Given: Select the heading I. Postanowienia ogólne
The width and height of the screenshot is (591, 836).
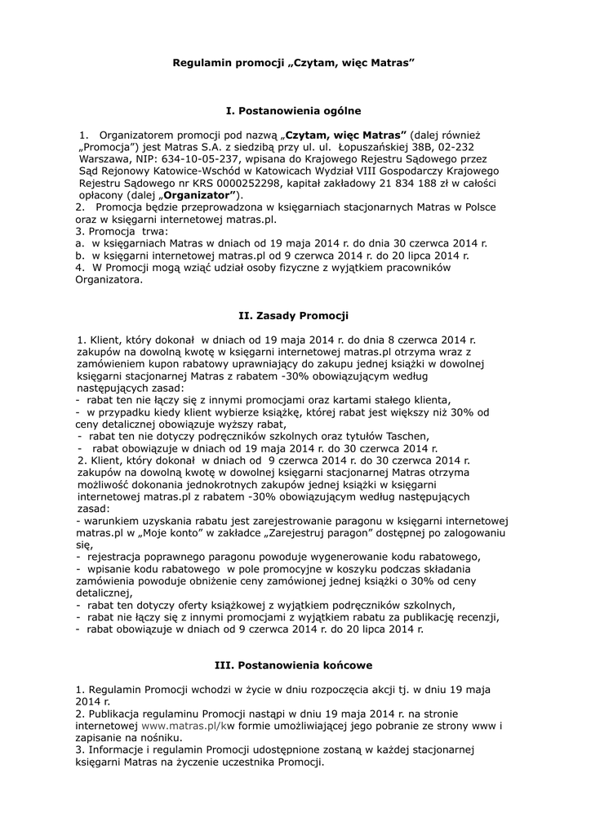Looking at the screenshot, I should coord(293,109).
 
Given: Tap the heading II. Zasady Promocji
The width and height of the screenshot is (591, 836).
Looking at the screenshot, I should coord(293,313).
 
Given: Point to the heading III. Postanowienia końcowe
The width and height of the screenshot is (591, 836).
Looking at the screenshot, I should coord(293,665).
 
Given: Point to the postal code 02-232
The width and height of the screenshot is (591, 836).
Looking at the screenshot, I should coord(477,147).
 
